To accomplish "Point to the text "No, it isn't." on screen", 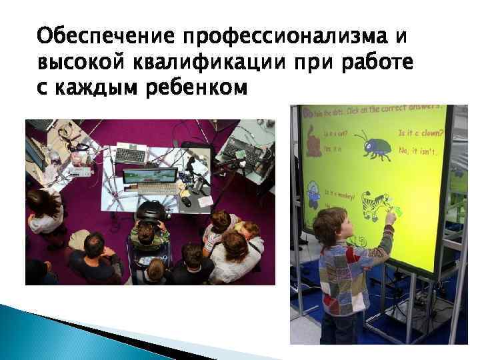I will coord(418,153).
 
